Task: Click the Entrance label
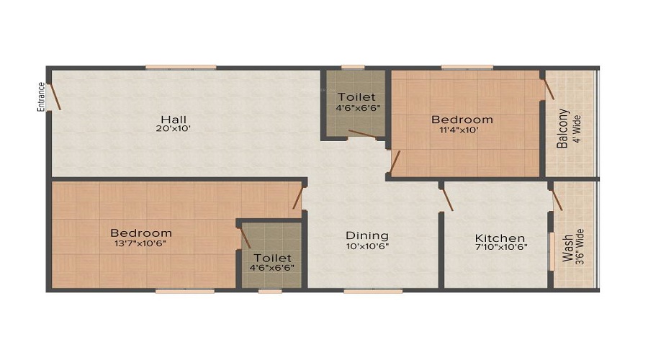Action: (41, 97)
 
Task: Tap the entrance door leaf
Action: (54, 96)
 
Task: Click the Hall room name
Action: (174, 120)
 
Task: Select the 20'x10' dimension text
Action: (173, 129)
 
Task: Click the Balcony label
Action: (562, 128)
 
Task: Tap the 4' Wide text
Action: (577, 129)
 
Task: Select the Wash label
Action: (568, 248)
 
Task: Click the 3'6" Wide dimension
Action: (580, 247)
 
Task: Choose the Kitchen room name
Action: (500, 238)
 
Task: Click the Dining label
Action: (367, 235)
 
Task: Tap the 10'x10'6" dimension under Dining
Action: (367, 247)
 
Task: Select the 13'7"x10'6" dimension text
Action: (140, 243)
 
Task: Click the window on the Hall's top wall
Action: (181, 68)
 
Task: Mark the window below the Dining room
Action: (373, 291)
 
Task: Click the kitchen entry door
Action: (446, 199)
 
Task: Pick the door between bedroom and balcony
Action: (549, 89)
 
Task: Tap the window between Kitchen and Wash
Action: (552, 252)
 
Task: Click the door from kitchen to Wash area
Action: (557, 200)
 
